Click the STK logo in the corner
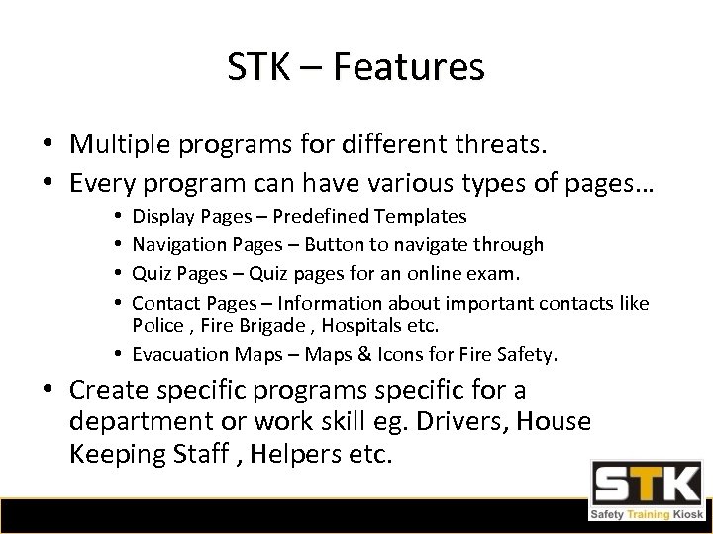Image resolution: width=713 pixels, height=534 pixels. (x=648, y=491)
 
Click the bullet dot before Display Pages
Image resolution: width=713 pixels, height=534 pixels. (x=120, y=215)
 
